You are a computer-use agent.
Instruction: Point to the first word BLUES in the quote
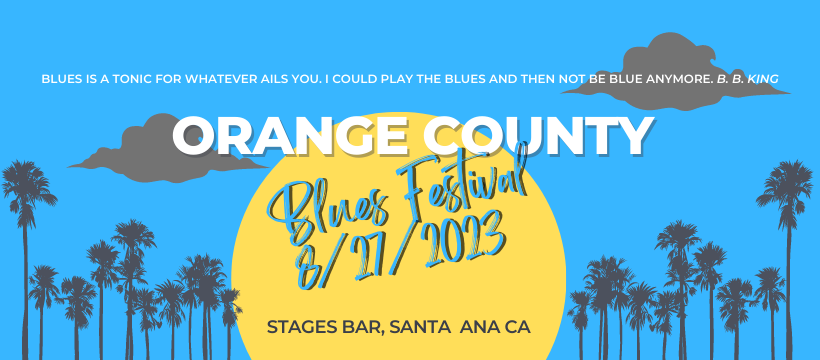click(x=61, y=78)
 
